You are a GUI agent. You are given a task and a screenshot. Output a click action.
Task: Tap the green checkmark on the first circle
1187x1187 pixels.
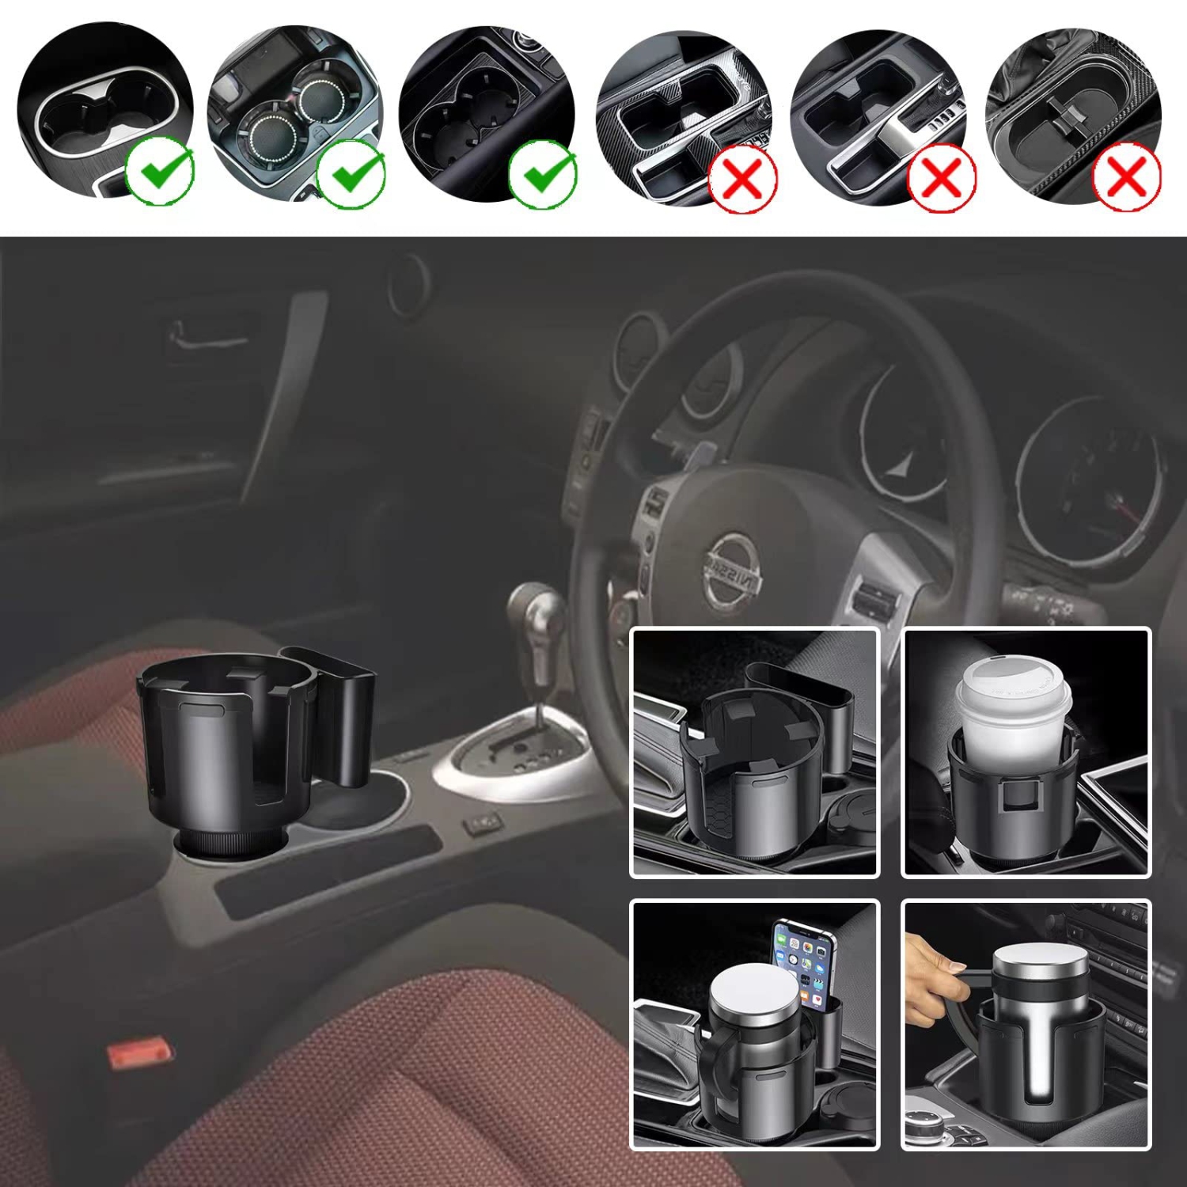point(160,172)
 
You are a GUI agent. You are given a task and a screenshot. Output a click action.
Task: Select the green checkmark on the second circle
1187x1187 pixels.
point(351,173)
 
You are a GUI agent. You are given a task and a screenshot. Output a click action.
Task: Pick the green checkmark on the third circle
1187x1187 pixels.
point(543,173)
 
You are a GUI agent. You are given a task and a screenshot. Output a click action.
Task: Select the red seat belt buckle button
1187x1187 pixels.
point(139,1052)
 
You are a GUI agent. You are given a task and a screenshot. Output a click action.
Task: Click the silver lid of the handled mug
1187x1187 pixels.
point(753,994)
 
